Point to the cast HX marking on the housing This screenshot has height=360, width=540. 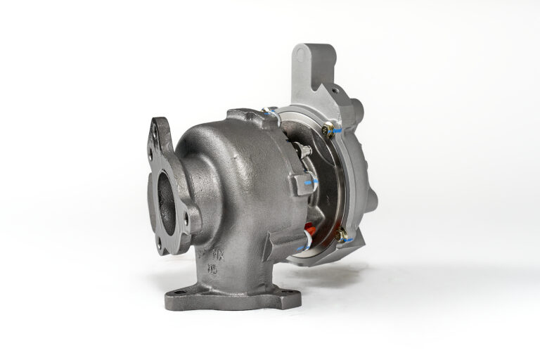click(219, 252)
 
